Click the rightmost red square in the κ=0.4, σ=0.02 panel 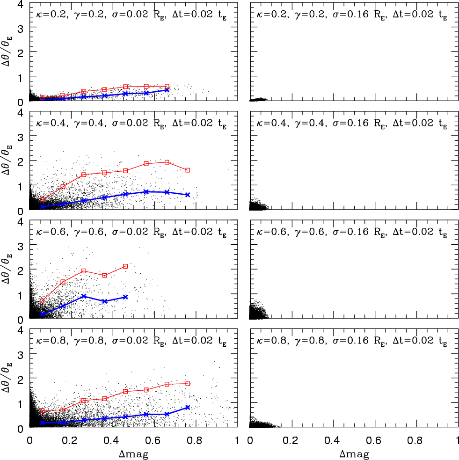pos(188,170)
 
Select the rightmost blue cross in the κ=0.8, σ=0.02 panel pos(188,408)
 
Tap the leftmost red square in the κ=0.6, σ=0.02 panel pos(42,301)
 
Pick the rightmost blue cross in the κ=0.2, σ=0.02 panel pos(167,90)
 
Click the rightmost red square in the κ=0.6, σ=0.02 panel pos(125,266)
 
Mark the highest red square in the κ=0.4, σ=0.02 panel pos(167,162)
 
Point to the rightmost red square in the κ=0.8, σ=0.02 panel pos(188,384)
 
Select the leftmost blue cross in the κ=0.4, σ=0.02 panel pos(42,207)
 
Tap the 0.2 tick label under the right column pos(291,440)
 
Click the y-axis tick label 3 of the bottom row pos(20,355)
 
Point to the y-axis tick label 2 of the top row pos(20,53)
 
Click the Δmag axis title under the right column pos(354,454)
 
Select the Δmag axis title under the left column pos(134,454)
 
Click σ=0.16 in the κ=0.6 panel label pos(350,232)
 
